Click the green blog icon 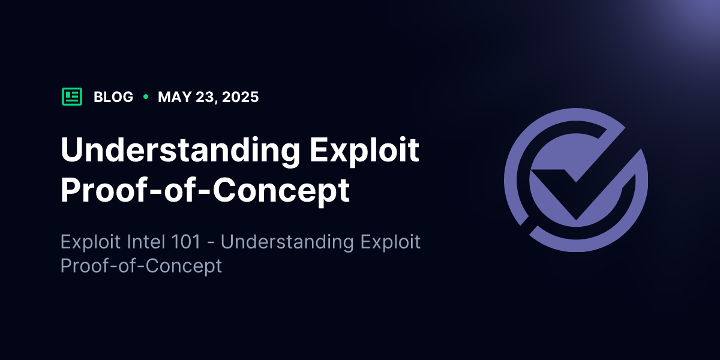click(x=72, y=97)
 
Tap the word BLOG click(x=113, y=97)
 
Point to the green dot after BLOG click(x=146, y=97)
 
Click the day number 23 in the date click(x=206, y=97)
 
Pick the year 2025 click(x=240, y=97)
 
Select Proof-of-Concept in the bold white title click(x=205, y=191)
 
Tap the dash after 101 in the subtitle click(x=211, y=242)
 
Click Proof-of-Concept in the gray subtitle click(x=141, y=266)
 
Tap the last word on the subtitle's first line click(x=390, y=242)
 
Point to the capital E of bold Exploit click(x=319, y=150)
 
